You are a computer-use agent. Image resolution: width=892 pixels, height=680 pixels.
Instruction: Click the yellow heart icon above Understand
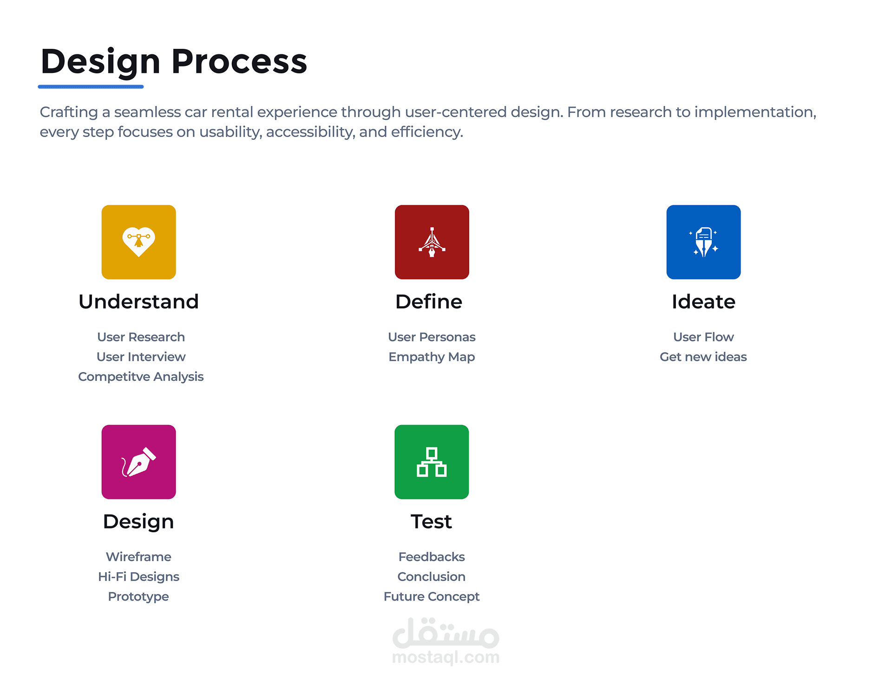pyautogui.click(x=138, y=242)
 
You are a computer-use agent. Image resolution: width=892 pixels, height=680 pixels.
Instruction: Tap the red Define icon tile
pyautogui.click(x=432, y=242)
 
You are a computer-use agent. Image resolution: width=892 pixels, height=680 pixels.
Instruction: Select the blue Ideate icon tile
pyautogui.click(x=703, y=242)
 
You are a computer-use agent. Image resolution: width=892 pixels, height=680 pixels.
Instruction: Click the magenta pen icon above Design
pyautogui.click(x=138, y=462)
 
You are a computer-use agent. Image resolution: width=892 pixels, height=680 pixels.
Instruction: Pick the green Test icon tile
pyautogui.click(x=432, y=462)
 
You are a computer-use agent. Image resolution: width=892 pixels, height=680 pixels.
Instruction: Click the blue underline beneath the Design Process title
pyautogui.click(x=91, y=86)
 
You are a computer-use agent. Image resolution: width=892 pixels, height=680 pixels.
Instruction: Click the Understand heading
pyautogui.click(x=138, y=302)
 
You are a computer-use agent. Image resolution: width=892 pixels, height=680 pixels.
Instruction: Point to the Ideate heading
pyautogui.click(x=703, y=302)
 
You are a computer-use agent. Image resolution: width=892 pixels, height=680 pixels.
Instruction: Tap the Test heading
pyautogui.click(x=431, y=522)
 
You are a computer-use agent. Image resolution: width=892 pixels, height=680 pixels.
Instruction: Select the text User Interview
pyautogui.click(x=141, y=357)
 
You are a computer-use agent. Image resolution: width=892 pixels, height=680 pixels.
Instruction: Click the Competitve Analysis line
pyautogui.click(x=141, y=377)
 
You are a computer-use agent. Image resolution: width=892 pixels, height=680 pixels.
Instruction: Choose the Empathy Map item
pyautogui.click(x=432, y=357)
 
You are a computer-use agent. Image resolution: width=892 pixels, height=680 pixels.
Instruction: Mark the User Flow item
pyautogui.click(x=703, y=337)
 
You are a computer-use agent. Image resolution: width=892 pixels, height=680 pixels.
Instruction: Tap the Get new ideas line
pyautogui.click(x=703, y=357)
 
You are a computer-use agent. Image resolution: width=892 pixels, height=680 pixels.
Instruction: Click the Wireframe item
pyautogui.click(x=138, y=556)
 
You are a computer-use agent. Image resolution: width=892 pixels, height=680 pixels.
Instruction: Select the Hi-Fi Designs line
pyautogui.click(x=138, y=577)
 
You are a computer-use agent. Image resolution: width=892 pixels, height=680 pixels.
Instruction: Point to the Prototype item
pyautogui.click(x=138, y=597)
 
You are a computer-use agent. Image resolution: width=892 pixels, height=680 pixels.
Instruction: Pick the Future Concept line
pyautogui.click(x=432, y=597)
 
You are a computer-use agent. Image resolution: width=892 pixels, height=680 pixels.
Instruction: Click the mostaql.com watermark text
pyautogui.click(x=446, y=657)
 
